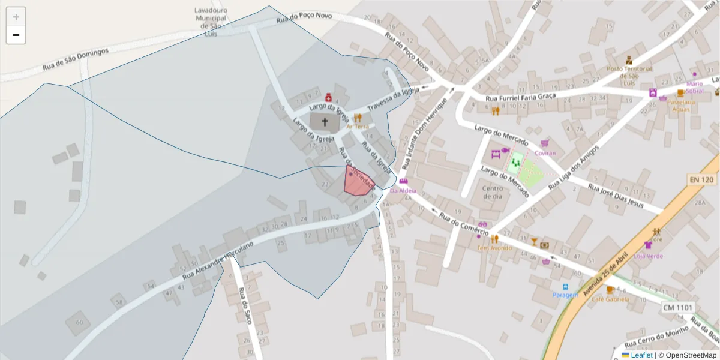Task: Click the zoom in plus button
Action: pos(16,17)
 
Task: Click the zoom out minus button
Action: pos(16,35)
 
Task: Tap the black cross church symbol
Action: pos(325,122)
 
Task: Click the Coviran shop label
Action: pos(545,152)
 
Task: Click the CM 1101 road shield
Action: pos(677,308)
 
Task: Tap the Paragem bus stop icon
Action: pos(565,287)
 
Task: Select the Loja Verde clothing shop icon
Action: pos(648,245)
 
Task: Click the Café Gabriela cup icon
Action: pos(610,290)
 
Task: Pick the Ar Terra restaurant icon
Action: pos(358,118)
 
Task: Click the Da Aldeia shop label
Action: pos(403,191)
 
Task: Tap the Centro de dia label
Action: pos(493,192)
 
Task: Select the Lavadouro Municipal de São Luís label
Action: pos(211,22)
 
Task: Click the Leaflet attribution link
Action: pos(641,355)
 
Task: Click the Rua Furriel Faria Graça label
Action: pos(520,97)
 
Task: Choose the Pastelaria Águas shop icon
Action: pos(680,93)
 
